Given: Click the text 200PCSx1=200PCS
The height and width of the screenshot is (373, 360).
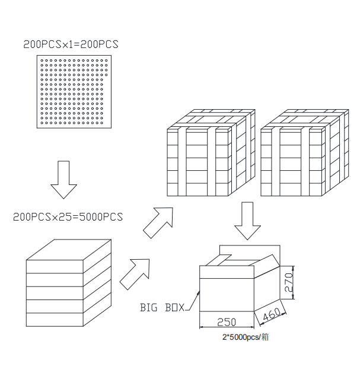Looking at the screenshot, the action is (x=71, y=44).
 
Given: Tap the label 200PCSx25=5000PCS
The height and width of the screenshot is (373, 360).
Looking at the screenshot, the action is (x=68, y=216).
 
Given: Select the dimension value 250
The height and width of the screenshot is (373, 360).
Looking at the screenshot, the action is (x=227, y=322).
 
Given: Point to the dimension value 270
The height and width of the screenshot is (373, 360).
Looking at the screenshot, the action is (x=288, y=282).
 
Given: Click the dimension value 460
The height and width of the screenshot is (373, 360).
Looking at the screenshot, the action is (x=272, y=314).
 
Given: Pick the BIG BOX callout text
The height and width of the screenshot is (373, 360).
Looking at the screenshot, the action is (x=163, y=307).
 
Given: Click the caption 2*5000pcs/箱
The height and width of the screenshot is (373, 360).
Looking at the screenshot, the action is (x=246, y=337).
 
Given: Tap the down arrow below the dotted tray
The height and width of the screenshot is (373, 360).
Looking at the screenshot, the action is (x=64, y=180).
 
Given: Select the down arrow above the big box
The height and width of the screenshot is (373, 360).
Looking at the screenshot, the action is (x=247, y=221).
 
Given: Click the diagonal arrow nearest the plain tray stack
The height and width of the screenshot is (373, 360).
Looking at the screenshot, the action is (x=135, y=274).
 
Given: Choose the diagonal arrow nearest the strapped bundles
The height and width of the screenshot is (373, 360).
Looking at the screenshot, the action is (x=158, y=222).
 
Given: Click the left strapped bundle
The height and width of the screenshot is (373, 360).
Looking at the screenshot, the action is (x=211, y=153).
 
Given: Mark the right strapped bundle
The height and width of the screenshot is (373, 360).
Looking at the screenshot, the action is (x=305, y=153).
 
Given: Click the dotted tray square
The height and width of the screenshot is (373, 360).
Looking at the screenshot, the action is (x=74, y=92).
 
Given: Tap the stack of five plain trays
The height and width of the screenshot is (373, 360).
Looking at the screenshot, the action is (x=69, y=283).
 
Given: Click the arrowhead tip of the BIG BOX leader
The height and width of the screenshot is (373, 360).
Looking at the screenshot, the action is (x=199, y=291).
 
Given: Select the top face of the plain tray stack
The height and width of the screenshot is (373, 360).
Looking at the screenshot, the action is (x=69, y=250).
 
